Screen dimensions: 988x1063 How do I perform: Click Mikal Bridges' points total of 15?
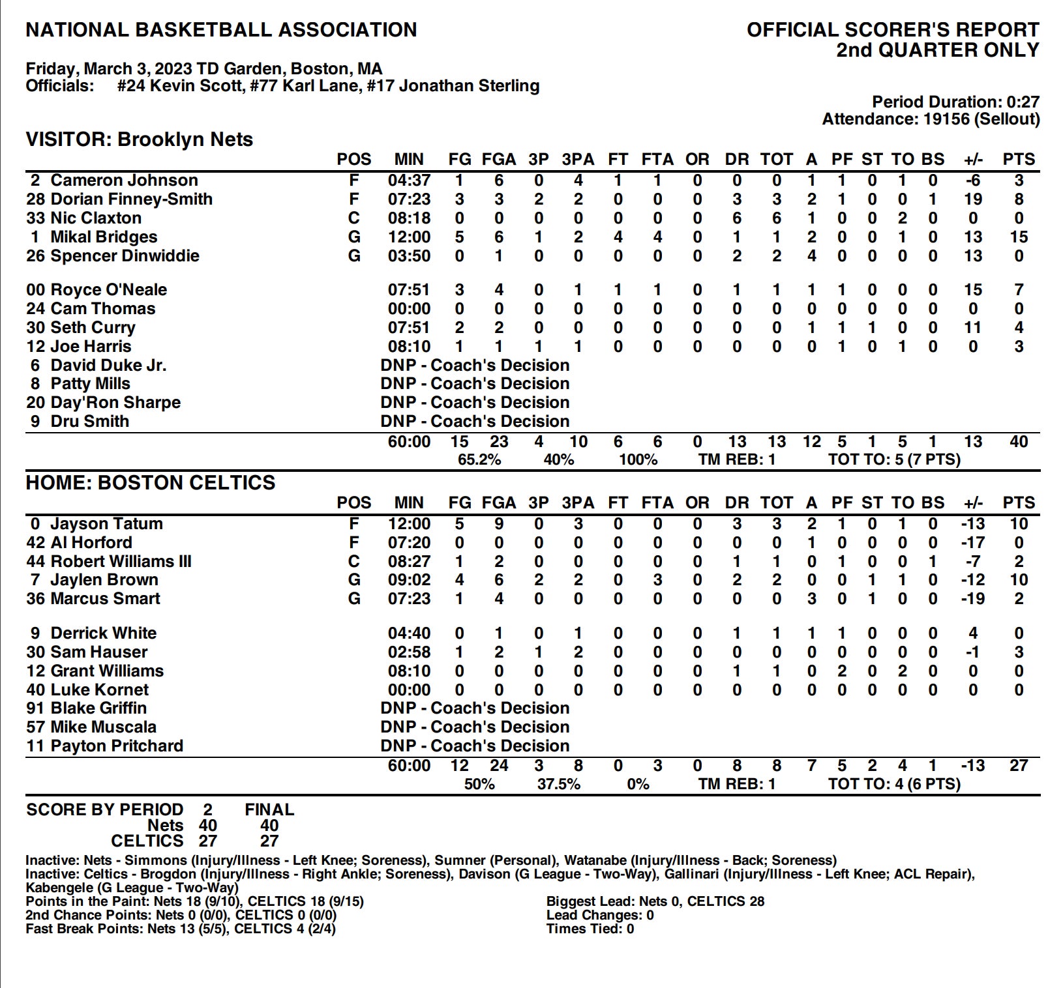pyautogui.click(x=1018, y=237)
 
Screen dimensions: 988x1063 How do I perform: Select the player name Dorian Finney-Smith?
pyautogui.click(x=131, y=199)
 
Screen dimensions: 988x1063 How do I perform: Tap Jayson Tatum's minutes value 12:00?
pyautogui.click(x=409, y=524)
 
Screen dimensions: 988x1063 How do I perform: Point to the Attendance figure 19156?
pyautogui.click(x=944, y=119)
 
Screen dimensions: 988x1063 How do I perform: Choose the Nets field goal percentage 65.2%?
pyautogui.click(x=479, y=460)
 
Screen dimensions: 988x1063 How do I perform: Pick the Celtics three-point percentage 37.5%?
pyautogui.click(x=558, y=784)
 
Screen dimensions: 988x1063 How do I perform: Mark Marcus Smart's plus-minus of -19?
pyautogui.click(x=972, y=599)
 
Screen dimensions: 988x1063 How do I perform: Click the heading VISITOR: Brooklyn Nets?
pyautogui.click(x=139, y=139)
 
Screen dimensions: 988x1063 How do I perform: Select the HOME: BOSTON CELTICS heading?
pyautogui.click(x=150, y=483)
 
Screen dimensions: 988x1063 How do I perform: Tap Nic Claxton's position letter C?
pyautogui.click(x=354, y=218)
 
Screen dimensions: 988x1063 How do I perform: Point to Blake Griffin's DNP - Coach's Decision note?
pyautogui.click(x=475, y=708)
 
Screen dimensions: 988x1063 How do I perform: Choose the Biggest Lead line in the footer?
pyautogui.click(x=655, y=901)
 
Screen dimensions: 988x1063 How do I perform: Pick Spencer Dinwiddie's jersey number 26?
pyautogui.click(x=35, y=256)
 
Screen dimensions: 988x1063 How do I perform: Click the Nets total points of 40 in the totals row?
pyautogui.click(x=1018, y=442)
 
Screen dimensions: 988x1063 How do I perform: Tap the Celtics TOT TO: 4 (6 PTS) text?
pyautogui.click(x=894, y=784)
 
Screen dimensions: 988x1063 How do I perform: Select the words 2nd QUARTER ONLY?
pyautogui.click(x=937, y=50)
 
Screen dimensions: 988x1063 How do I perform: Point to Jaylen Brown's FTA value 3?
pyautogui.click(x=657, y=580)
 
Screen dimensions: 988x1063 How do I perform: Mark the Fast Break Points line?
pyautogui.click(x=180, y=929)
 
